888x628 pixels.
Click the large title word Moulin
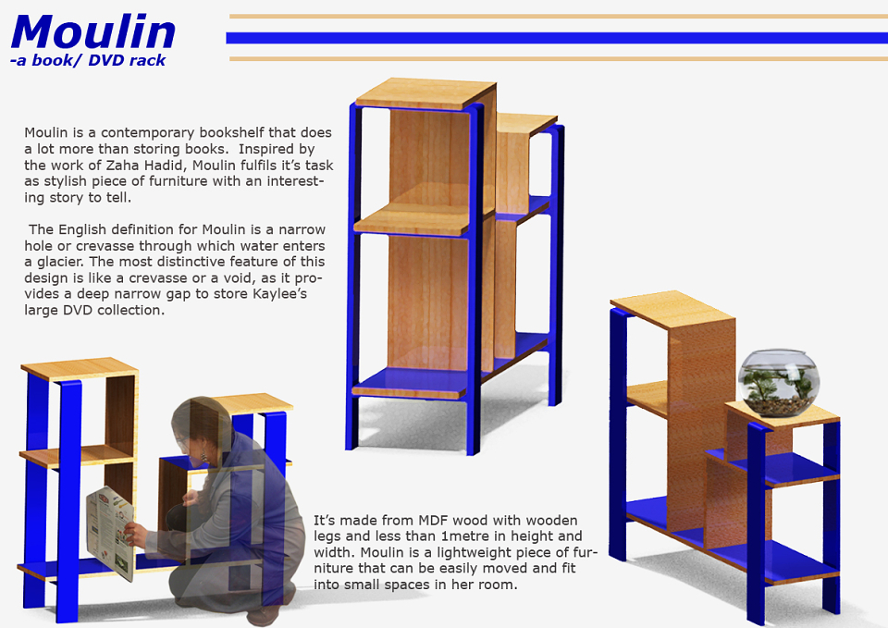point(93,31)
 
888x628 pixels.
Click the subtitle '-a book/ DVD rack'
point(88,60)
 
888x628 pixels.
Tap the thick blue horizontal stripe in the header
point(557,38)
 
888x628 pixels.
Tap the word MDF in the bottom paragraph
point(433,521)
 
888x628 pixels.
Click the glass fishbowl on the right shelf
point(779,384)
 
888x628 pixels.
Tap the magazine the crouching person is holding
point(110,533)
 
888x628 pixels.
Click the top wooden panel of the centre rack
point(425,92)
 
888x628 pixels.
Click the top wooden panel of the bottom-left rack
point(80,368)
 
